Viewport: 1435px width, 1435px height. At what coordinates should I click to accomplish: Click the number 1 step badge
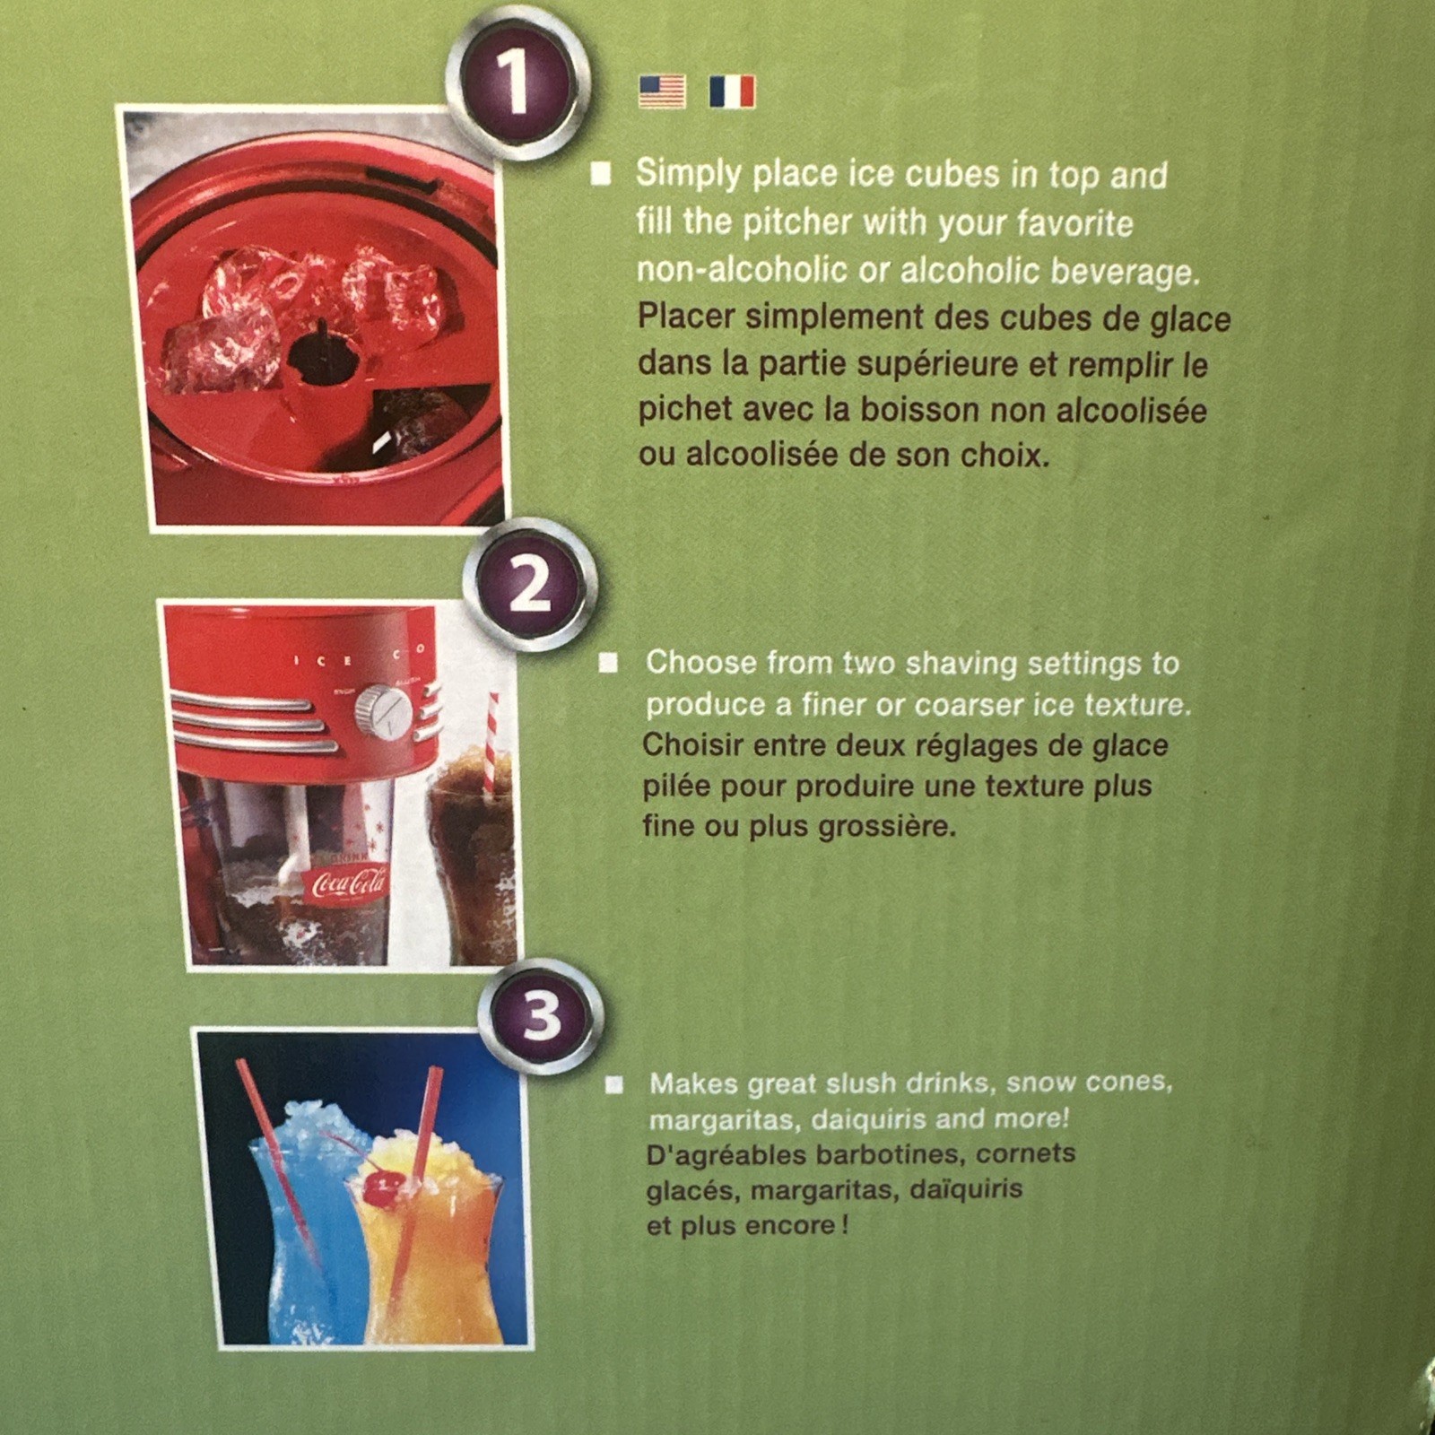point(517,83)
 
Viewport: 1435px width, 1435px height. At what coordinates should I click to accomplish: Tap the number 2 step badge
point(531,586)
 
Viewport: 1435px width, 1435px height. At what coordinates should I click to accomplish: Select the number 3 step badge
point(541,1017)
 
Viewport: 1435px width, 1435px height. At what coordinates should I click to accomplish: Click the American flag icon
point(662,91)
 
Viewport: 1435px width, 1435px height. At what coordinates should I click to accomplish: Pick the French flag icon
point(732,91)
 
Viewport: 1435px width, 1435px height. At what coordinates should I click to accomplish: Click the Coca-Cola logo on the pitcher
point(349,884)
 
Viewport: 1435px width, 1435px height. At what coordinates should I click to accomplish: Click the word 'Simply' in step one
point(688,174)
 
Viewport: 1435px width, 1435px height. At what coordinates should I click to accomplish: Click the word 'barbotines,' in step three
point(891,1154)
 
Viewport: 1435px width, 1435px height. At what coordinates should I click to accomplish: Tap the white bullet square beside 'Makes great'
point(614,1085)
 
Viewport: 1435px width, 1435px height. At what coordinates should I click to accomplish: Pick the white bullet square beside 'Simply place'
point(601,173)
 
